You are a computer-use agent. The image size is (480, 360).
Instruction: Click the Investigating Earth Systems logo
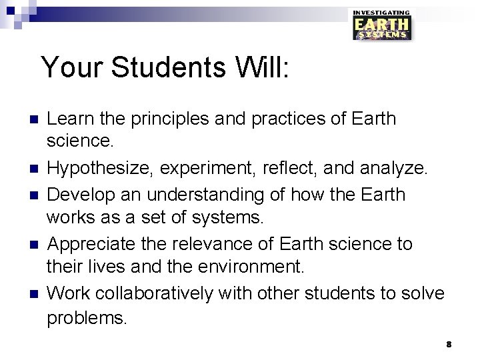coord(381,25)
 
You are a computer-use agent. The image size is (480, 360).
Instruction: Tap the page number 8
coord(449,344)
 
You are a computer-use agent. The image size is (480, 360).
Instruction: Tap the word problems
coord(86,318)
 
